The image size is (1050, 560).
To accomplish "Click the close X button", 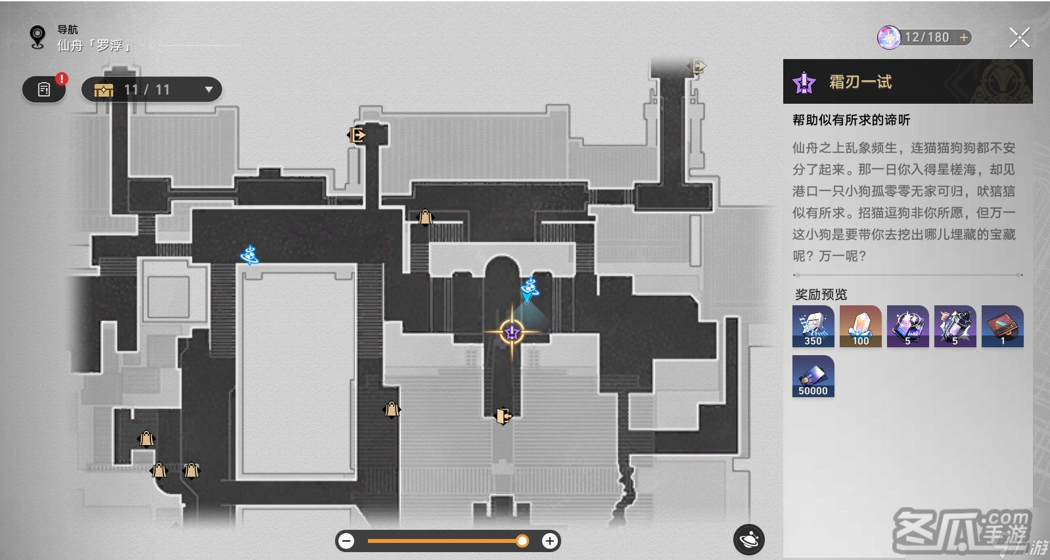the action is point(1020,37).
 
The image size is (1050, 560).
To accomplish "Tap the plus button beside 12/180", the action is point(963,37).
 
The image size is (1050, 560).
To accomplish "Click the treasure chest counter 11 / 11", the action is point(151,89).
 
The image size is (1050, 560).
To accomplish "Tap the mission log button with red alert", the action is point(44,89).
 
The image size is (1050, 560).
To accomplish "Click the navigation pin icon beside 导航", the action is point(37,37).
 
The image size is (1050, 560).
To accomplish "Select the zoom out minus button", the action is point(346,541).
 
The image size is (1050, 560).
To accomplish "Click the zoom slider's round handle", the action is point(522,541).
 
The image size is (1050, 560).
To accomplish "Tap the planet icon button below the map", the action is point(748,540).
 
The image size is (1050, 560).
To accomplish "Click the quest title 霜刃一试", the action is point(860,82).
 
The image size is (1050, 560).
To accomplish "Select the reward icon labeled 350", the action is point(813,326).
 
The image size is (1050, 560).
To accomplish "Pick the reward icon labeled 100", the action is point(861,326).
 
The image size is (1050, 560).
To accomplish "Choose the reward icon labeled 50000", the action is point(813,376).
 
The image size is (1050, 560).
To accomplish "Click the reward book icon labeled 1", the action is point(1003,326).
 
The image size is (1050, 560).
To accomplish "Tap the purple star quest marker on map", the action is point(512,332).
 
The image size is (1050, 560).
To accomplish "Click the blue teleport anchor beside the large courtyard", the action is point(250,255).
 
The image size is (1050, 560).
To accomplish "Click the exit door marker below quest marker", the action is point(503,416).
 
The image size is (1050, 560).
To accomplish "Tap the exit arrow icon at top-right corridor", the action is point(697,67).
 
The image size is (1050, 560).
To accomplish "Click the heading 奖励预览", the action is point(821,295).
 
